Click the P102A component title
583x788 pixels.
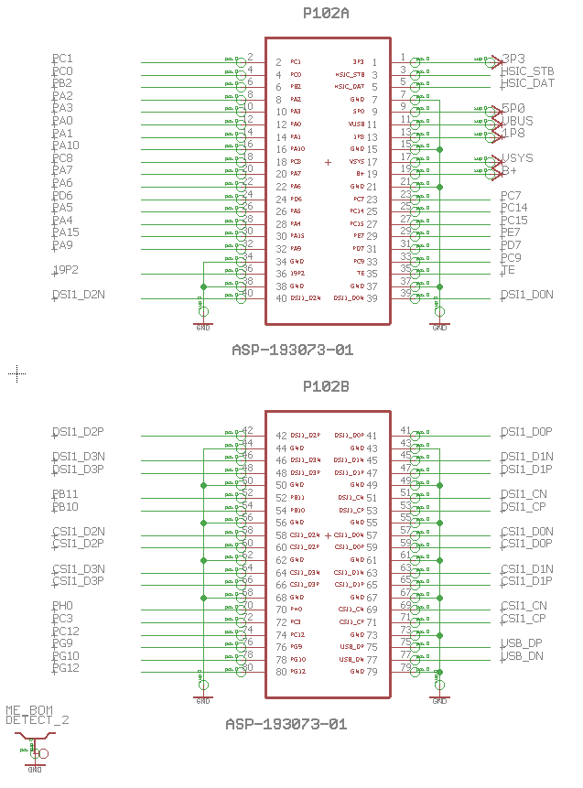pyautogui.click(x=327, y=14)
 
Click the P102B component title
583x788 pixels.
pyautogui.click(x=327, y=387)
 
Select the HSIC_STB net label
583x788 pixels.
pyautogui.click(x=527, y=71)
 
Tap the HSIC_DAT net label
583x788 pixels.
pyautogui.click(x=527, y=83)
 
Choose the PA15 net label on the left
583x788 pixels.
pyautogui.click(x=66, y=232)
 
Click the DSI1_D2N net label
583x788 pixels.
pyautogui.click(x=78, y=295)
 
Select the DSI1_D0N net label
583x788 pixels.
pyautogui.click(x=527, y=295)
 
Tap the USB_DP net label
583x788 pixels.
pyautogui.click(x=522, y=643)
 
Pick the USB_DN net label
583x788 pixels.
pyautogui.click(x=522, y=656)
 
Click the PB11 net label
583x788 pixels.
pyautogui.click(x=65, y=494)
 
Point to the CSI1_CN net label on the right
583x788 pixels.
pyautogui.click(x=524, y=606)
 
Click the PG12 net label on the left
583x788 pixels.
pyautogui.click(x=66, y=668)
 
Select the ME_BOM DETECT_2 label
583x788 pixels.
pyautogui.click(x=38, y=715)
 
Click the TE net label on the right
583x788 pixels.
pyautogui.click(x=508, y=270)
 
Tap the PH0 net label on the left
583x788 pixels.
pyautogui.click(x=62, y=606)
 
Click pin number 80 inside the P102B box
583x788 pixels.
pyautogui.click(x=281, y=672)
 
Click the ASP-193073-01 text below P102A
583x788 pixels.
pyautogui.click(x=292, y=350)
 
